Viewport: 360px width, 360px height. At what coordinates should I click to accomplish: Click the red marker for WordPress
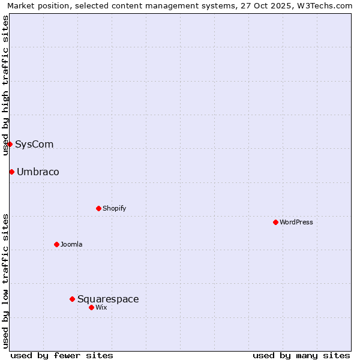click(275, 222)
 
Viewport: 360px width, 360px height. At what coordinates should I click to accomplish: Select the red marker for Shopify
click(98, 208)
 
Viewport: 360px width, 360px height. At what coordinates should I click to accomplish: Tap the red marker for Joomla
click(56, 244)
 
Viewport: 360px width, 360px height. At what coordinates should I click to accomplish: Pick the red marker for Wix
click(91, 307)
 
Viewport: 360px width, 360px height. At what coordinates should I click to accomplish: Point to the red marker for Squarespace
click(72, 299)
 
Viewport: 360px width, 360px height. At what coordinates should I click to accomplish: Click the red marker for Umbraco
click(11, 172)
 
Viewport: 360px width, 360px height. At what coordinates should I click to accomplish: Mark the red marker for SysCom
click(10, 144)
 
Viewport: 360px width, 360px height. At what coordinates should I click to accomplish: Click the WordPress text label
click(296, 222)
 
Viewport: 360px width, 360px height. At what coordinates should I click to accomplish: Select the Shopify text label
click(114, 208)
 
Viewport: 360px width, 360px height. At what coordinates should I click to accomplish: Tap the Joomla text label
click(71, 244)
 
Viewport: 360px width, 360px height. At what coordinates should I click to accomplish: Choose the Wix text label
click(101, 307)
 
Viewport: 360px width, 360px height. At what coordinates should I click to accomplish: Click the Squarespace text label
click(108, 299)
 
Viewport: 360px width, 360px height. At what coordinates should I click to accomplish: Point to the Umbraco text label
click(38, 172)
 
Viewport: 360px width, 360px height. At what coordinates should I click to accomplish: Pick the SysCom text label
click(34, 144)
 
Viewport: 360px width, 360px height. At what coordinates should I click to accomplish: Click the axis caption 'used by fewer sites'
click(62, 355)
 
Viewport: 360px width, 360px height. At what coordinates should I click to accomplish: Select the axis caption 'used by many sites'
click(301, 355)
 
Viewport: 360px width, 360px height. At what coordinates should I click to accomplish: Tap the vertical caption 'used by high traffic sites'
click(5, 85)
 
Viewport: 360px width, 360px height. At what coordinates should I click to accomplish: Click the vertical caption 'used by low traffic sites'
click(5, 281)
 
